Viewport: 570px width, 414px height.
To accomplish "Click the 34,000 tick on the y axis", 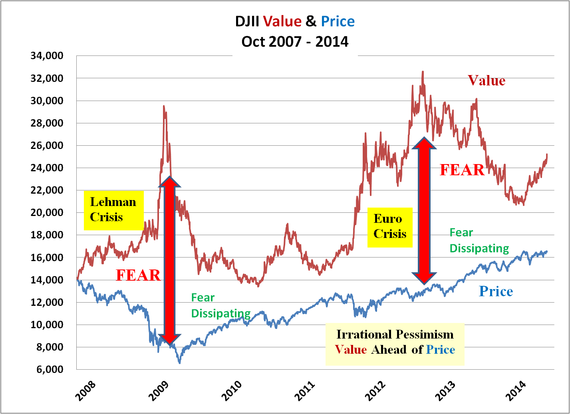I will pos(47,56).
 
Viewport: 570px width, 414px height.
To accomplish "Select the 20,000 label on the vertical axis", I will pos(47,213).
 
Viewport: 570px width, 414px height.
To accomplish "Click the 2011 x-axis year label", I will pos(306,390).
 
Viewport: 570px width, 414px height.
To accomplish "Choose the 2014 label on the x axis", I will pos(516,390).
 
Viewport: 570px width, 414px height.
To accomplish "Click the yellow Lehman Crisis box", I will pos(113,210).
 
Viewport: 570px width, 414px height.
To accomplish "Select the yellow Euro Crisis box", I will pos(390,227).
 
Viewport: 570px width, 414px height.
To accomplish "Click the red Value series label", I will pos(487,81).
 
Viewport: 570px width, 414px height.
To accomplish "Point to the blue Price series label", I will pos(496,291).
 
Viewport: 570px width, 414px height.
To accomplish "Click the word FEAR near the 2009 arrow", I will pos(138,275).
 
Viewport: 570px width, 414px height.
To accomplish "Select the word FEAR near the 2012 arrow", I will pos(462,170).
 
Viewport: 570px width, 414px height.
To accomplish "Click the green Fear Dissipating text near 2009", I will pos(221,305).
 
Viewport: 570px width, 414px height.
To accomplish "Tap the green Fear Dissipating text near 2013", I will pos(479,240).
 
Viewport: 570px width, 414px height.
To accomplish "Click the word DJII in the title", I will pos(247,21).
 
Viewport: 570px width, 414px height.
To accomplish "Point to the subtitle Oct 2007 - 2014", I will pos(295,42).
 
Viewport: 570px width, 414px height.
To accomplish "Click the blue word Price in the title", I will pos(338,21).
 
